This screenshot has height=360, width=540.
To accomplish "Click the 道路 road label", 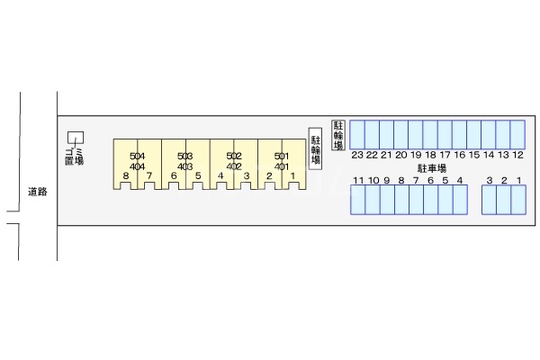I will pyautogui.click(x=37, y=191).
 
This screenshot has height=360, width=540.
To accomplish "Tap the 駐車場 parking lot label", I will pyautogui.click(x=432, y=168).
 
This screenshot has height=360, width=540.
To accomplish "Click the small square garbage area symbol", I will pyautogui.click(x=76, y=137).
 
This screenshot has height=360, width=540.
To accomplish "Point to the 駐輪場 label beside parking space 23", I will pyautogui.click(x=339, y=134).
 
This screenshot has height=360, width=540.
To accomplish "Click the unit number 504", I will pyautogui.click(x=138, y=157).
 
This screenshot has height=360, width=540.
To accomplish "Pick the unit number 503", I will pyautogui.click(x=185, y=157).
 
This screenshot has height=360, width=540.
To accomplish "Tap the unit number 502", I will pyautogui.click(x=234, y=157).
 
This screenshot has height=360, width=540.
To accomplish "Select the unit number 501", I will pyautogui.click(x=282, y=157).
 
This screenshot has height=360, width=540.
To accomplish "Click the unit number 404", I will pyautogui.click(x=138, y=166).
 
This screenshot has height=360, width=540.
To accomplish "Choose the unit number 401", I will pyautogui.click(x=282, y=166).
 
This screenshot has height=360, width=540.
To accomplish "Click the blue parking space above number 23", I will pyautogui.click(x=357, y=134).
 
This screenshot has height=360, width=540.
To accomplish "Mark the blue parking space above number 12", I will pyautogui.click(x=517, y=134).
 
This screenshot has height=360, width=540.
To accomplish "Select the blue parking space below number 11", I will pyautogui.click(x=358, y=200).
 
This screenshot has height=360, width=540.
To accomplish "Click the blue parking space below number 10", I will pyautogui.click(x=373, y=200).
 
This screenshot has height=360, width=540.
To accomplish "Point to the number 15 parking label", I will pyautogui.click(x=474, y=155).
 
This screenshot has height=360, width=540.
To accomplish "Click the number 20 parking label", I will pyautogui.click(x=400, y=155).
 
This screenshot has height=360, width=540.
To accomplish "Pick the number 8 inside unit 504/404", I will pyautogui.click(x=127, y=175).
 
